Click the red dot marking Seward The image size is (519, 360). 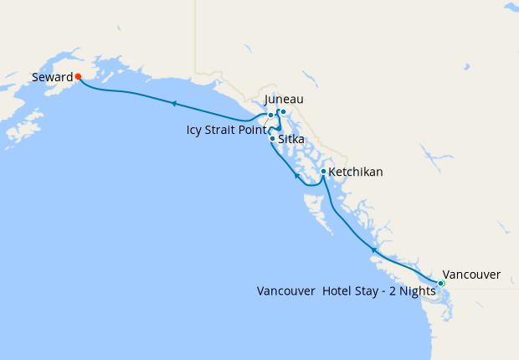click(78, 76)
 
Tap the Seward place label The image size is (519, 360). click(52, 77)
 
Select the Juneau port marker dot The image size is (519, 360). click(283, 111)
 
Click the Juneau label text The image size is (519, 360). click(283, 100)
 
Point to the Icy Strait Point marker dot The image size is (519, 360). click(270, 116)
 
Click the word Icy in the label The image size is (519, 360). click(195, 130)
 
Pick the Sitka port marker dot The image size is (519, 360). click(272, 139)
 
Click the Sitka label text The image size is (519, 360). click(290, 139)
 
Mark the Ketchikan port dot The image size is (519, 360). click(323, 172)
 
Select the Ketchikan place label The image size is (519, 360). click(356, 172)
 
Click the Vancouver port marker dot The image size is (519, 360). click(441, 283)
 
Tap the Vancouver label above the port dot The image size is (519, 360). click(471, 274)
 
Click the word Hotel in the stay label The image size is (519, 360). click(339, 291)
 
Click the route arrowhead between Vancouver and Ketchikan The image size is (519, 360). click(373, 249)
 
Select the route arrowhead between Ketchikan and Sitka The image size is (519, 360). click(296, 176)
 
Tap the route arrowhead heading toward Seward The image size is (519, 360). click(173, 104)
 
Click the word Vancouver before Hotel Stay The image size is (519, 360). click(285, 291)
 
